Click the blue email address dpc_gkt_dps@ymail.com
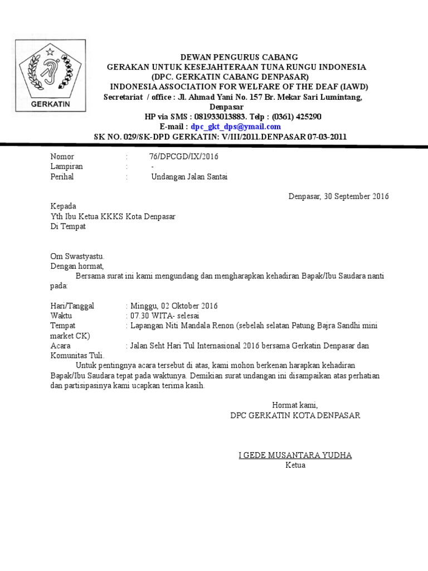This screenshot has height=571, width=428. click(236, 127)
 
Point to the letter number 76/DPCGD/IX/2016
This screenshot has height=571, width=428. click(180, 157)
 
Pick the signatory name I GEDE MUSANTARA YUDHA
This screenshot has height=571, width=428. click(295, 455)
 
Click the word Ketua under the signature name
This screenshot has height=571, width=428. click(295, 465)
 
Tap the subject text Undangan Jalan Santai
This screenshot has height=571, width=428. click(189, 177)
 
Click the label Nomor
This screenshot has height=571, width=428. click(62, 157)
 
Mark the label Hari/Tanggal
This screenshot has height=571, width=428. click(72, 306)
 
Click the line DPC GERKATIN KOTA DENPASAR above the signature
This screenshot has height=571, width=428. click(295, 415)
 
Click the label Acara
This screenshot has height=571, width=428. click(61, 346)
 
